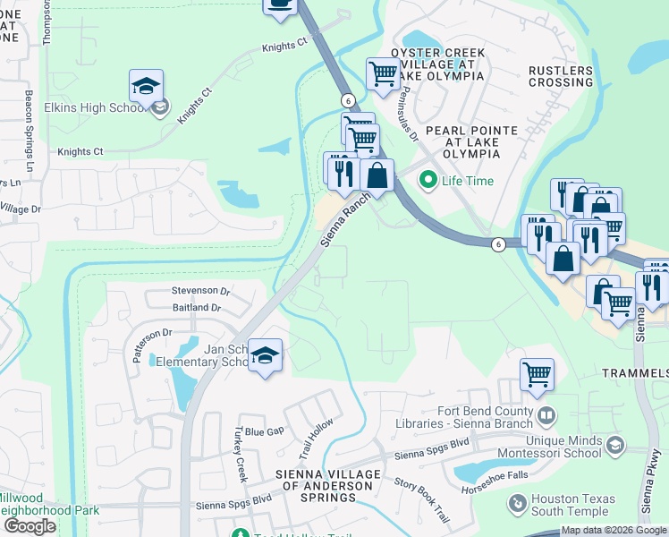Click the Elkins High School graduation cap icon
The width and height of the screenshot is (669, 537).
point(146,87)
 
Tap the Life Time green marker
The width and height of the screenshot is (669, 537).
point(428,181)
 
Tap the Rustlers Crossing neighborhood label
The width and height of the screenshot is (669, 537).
point(560,76)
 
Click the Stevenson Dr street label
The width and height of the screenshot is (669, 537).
point(200,291)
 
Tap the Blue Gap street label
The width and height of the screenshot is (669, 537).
point(265,431)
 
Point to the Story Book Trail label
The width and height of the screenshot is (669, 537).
point(421,500)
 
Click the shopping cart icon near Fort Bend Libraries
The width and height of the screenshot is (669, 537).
point(537,374)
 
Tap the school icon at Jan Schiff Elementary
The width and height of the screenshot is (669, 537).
point(265,355)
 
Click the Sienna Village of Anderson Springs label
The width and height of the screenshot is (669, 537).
point(326,479)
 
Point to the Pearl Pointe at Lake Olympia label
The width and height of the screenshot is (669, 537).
point(470,141)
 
